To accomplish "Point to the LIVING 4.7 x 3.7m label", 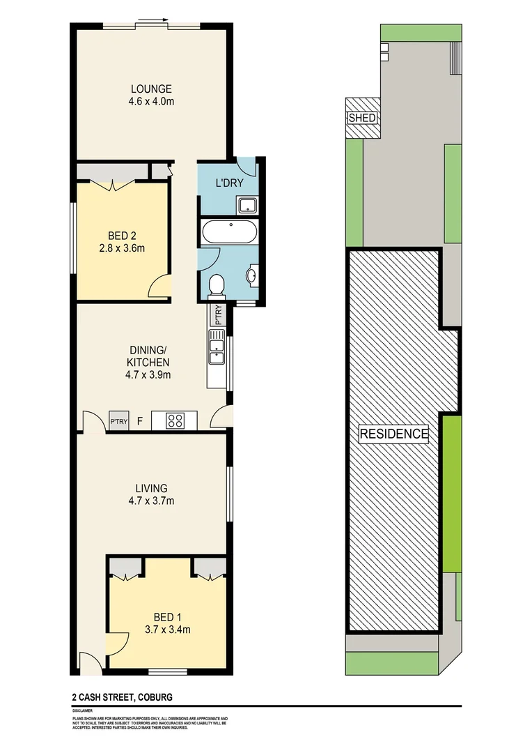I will coord(151,494).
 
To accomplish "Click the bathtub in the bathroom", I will coord(228,232).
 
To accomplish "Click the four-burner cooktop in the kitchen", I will coord(174,420).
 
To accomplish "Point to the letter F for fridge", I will coord(140,421).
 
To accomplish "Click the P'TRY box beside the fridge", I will coord(119,421).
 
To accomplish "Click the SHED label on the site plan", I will coord(362,118).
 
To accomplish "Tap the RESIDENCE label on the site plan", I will coord(393,434).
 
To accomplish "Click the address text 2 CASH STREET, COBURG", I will coord(121,697).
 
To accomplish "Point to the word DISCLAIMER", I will coord(82,710).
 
